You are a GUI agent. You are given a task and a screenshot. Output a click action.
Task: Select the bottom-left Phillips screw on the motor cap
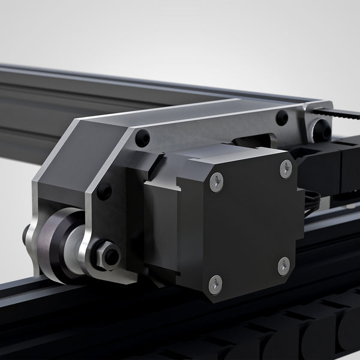215,284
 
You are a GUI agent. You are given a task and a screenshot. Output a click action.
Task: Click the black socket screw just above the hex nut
104,191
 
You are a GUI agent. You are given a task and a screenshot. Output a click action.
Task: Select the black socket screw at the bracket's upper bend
142,138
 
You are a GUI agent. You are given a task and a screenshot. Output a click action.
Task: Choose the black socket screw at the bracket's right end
281,118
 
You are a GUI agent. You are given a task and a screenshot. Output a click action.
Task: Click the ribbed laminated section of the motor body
161,222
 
